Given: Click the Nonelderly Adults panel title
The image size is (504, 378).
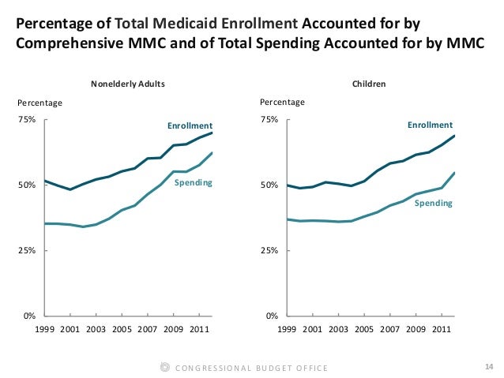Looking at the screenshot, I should click(x=128, y=83).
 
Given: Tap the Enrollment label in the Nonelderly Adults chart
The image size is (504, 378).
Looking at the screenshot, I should click(x=190, y=125).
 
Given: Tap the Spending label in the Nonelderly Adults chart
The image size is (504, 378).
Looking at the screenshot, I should click(x=194, y=183).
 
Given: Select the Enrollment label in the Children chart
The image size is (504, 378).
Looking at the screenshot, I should click(x=430, y=125).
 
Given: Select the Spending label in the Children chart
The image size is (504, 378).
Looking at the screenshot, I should click(x=434, y=203).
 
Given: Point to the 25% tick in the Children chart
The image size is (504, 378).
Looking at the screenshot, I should click(x=269, y=250).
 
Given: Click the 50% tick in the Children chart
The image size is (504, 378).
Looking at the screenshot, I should click(x=269, y=185).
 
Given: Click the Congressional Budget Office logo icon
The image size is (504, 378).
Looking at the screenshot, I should click(x=164, y=368).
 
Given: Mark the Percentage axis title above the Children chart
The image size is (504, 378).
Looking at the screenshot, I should click(x=282, y=103).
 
